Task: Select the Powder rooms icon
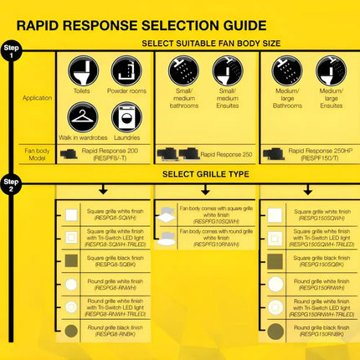point(126,70)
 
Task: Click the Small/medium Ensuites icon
point(226,70)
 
